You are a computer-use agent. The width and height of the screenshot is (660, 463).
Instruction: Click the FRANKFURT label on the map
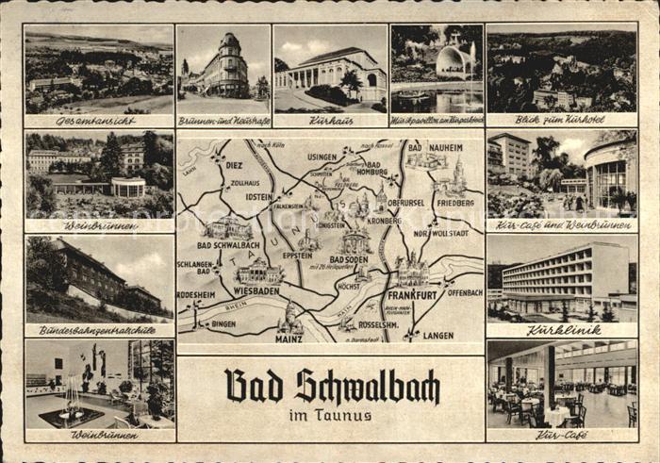click(x=411, y=295)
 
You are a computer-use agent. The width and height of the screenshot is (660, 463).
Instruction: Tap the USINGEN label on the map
click(x=322, y=157)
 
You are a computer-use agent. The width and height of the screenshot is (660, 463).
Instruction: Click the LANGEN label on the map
click(x=438, y=335)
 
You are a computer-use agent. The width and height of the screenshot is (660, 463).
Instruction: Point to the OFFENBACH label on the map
click(x=465, y=292)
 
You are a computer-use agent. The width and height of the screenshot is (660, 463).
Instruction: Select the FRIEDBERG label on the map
click(x=454, y=202)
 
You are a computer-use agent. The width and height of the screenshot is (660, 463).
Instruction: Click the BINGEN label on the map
click(x=223, y=323)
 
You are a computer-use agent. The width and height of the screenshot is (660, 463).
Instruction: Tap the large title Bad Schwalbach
click(x=332, y=386)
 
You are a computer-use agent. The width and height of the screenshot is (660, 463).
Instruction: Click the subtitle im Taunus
click(x=331, y=415)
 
